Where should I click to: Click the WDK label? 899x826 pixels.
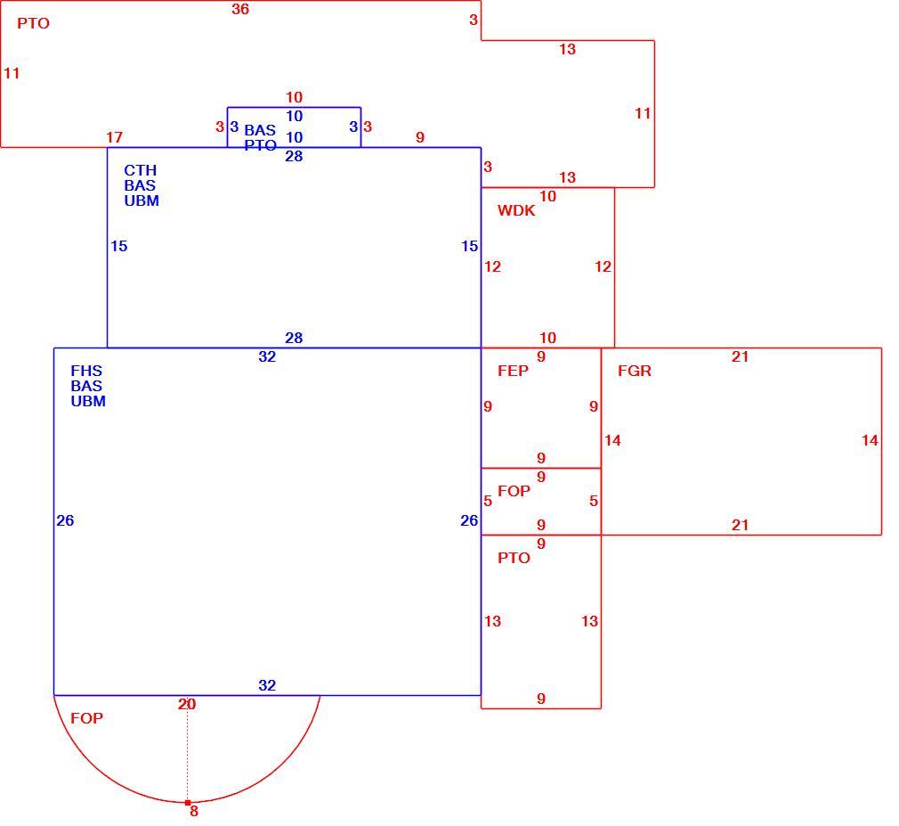(x=516, y=210)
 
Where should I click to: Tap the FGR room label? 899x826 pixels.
(x=634, y=371)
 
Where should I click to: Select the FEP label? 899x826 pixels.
(x=513, y=371)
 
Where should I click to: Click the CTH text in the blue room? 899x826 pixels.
(x=140, y=170)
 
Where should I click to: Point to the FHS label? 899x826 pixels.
(x=86, y=371)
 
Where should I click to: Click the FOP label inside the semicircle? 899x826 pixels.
(x=86, y=718)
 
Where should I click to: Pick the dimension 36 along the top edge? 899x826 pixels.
(x=240, y=9)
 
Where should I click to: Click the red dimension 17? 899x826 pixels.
(x=114, y=137)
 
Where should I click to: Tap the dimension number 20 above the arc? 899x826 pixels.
(x=187, y=704)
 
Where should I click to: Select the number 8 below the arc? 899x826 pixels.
(x=194, y=811)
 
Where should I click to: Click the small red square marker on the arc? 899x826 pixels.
(x=188, y=803)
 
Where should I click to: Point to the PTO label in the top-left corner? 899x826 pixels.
(x=33, y=23)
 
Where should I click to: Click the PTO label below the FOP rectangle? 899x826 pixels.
(x=514, y=558)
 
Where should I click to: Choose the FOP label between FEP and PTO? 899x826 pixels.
(x=514, y=491)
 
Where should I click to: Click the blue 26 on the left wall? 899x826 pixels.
(x=65, y=520)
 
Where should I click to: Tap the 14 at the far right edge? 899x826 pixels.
(x=870, y=440)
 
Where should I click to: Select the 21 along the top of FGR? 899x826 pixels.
(x=741, y=356)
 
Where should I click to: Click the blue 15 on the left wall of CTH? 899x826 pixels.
(x=118, y=246)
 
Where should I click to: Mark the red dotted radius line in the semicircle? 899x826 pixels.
(x=187, y=749)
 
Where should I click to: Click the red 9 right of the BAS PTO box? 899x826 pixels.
(x=420, y=137)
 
